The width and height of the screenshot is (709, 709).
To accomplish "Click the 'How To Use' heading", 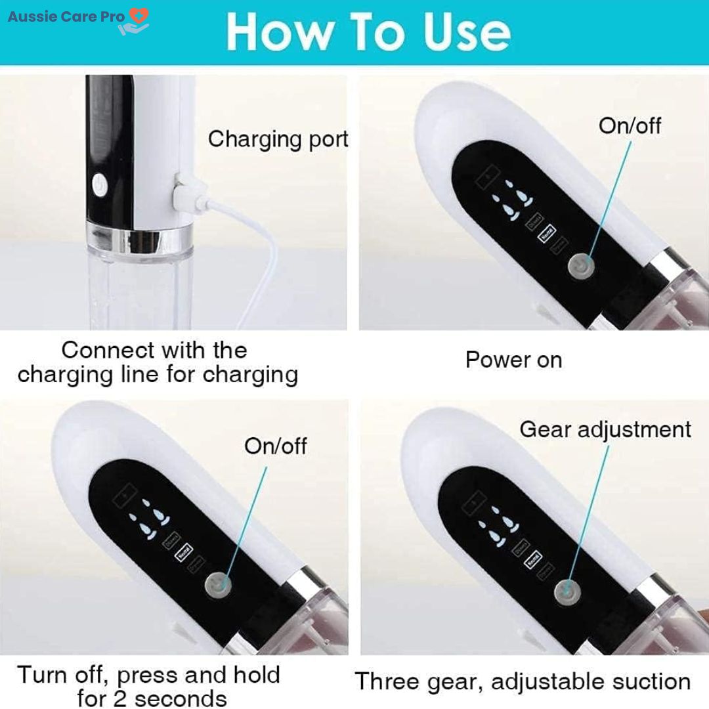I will coord(368,31).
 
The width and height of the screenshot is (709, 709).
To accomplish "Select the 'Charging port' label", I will coord(278,139).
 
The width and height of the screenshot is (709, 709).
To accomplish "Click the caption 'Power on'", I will coord(513,360).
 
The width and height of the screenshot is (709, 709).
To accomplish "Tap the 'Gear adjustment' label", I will coord(605,429).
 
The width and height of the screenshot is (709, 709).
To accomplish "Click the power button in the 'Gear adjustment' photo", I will coord(563,588).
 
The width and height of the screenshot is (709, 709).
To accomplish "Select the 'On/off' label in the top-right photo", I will coord(630,125).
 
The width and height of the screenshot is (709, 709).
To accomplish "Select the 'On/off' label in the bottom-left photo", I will coord(275,446).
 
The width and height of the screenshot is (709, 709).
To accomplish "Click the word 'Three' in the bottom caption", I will coord(387,681).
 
